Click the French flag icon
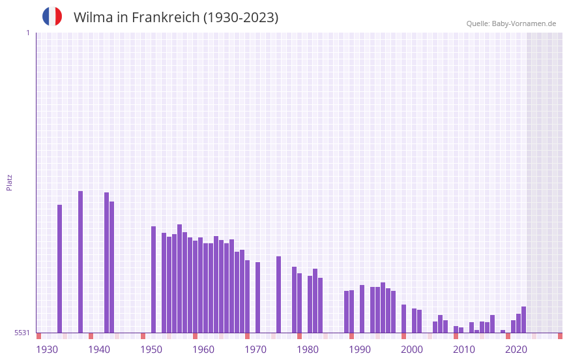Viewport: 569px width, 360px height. point(52,16)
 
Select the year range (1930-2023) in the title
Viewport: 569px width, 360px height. point(241,18)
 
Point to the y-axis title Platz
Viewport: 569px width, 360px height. point(9,182)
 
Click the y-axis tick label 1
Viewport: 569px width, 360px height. point(27,33)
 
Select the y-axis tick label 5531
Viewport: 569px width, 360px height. point(22,333)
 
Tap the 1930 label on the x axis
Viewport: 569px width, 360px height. point(47,350)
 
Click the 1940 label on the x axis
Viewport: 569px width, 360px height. point(99,350)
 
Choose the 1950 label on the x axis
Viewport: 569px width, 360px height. point(151,350)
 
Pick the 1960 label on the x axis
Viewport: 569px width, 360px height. point(203,350)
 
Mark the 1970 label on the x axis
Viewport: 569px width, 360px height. point(255,350)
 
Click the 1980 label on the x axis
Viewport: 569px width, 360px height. point(308,350)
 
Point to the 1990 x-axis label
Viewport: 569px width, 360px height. point(360,350)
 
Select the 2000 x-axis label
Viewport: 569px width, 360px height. point(412,350)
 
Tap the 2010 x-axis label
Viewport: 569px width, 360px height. point(464,350)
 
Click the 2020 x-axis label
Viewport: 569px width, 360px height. point(516,350)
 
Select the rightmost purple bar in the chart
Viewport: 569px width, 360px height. point(523,320)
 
